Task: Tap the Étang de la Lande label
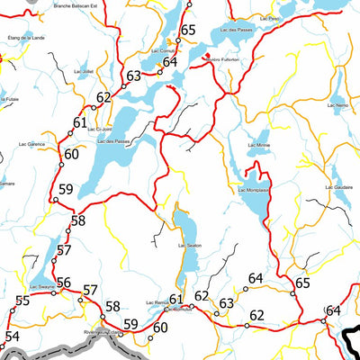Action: (x=24, y=39)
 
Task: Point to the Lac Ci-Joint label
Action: (x=101, y=128)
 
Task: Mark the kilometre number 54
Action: (x=11, y=337)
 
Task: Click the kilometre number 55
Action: (x=22, y=300)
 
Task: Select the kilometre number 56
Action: (x=63, y=283)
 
